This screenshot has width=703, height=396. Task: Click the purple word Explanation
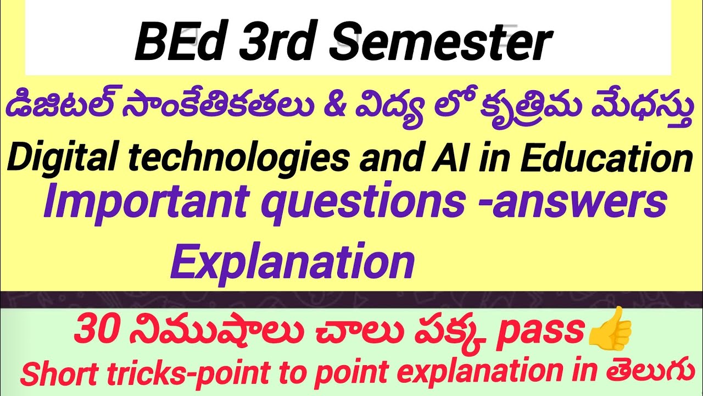tap(292, 263)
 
